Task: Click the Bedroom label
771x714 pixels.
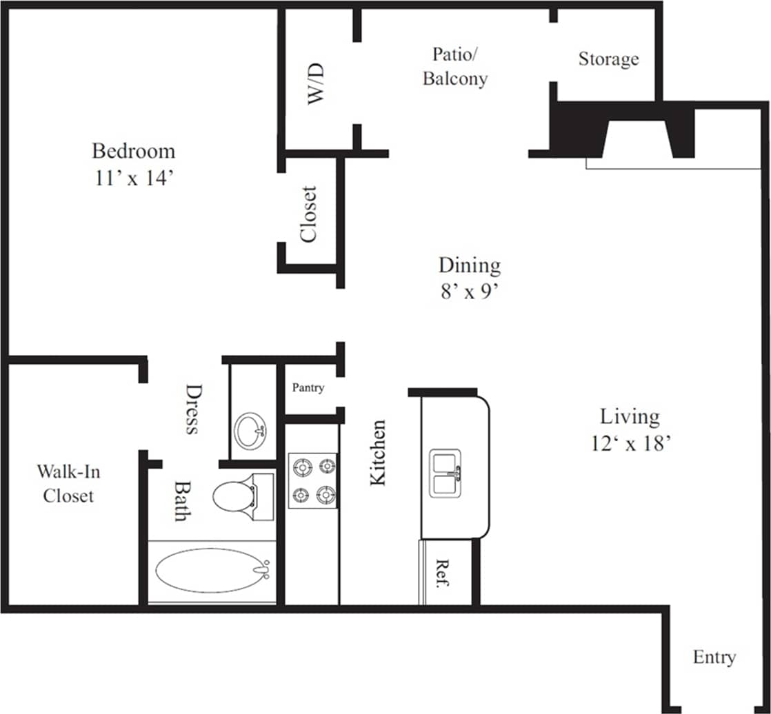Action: pyautogui.click(x=133, y=150)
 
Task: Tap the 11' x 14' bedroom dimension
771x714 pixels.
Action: pyautogui.click(x=133, y=178)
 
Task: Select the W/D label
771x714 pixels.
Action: pyautogui.click(x=316, y=83)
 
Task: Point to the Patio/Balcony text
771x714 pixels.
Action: pyautogui.click(x=454, y=66)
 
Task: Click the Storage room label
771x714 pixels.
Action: pyautogui.click(x=608, y=59)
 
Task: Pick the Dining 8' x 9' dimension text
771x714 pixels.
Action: pyautogui.click(x=469, y=292)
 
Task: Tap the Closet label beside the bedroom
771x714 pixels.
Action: pyautogui.click(x=308, y=214)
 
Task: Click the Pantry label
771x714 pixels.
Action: pyautogui.click(x=308, y=387)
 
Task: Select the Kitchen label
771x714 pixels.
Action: pyautogui.click(x=378, y=452)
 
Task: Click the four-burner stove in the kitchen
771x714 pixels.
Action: pyautogui.click(x=312, y=480)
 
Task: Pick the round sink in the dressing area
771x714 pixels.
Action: pyautogui.click(x=250, y=431)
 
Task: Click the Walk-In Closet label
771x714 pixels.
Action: pyautogui.click(x=68, y=483)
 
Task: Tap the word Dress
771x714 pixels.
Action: pyautogui.click(x=192, y=409)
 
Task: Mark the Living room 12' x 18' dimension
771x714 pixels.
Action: pyautogui.click(x=631, y=444)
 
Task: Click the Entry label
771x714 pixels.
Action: pyautogui.click(x=714, y=657)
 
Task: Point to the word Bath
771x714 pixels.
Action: pyautogui.click(x=181, y=500)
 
